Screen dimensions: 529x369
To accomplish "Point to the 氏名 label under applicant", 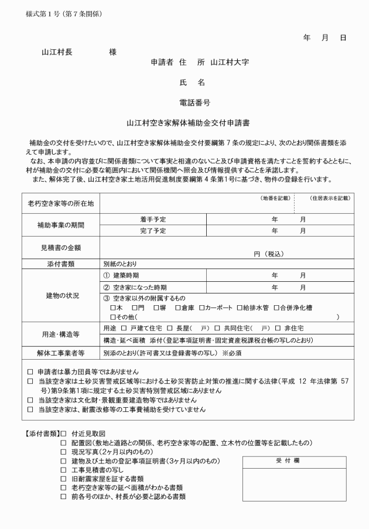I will pos(192,83).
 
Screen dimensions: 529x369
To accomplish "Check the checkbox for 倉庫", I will pos(177,308).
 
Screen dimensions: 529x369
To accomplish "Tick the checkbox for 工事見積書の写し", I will pos(64,470).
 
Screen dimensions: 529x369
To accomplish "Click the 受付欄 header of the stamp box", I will pos(288,461).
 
